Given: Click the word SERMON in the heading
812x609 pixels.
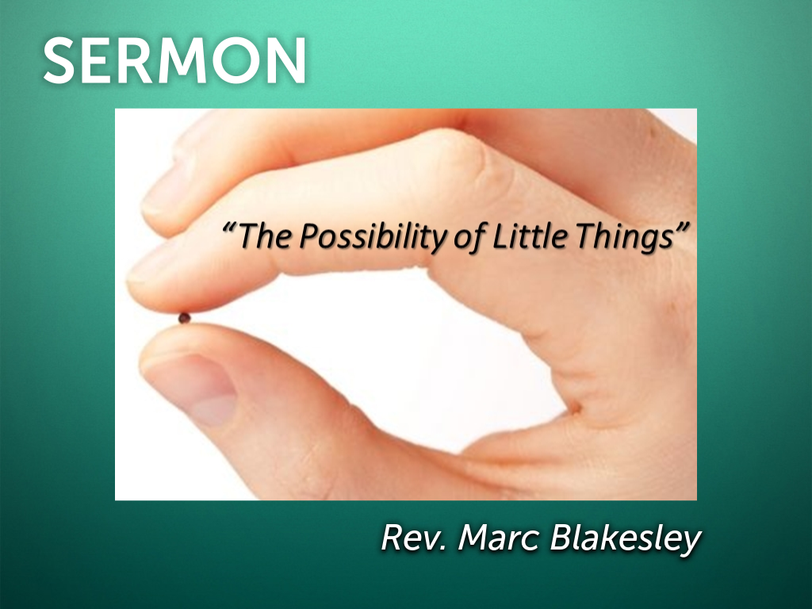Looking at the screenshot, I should pyautogui.click(x=174, y=61).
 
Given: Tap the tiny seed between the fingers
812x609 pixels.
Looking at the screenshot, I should pyautogui.click(x=184, y=318).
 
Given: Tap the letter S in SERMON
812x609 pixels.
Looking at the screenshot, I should pyautogui.click(x=61, y=61).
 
